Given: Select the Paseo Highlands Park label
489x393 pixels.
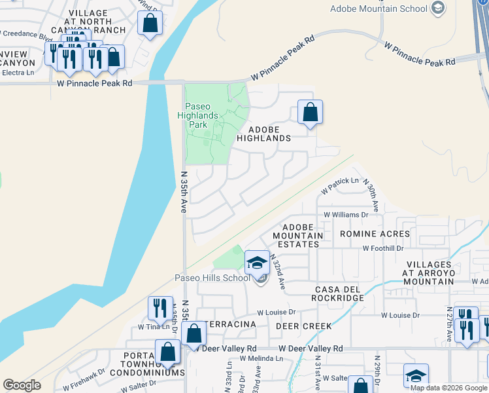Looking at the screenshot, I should (202, 115).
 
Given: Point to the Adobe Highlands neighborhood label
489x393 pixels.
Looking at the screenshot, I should (263, 134).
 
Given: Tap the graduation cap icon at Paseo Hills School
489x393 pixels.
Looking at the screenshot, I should (257, 263).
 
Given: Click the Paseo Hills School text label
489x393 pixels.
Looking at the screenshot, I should (212, 278).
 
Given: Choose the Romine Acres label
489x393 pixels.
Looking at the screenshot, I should (375, 233).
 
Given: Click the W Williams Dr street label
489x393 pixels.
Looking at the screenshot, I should (351, 215).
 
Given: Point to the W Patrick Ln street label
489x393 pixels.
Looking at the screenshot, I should (340, 185).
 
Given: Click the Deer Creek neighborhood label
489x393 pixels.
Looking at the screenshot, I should (303, 326).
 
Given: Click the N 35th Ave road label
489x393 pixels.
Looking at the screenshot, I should (184, 190).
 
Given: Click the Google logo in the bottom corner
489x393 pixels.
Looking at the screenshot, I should (22, 385).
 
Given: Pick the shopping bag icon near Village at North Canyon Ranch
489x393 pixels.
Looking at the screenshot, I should (150, 24).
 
